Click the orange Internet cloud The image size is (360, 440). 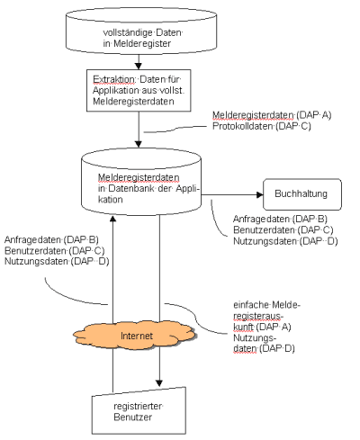click(x=135, y=336)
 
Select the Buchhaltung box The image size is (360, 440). click(x=302, y=194)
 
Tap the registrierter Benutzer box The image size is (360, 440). click(x=139, y=411)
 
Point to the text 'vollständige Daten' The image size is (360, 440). click(x=143, y=32)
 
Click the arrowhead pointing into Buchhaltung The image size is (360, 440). click(x=260, y=194)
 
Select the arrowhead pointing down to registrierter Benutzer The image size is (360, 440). click(x=159, y=383)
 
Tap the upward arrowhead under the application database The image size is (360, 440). click(x=112, y=219)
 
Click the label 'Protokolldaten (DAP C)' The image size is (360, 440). click(x=262, y=126)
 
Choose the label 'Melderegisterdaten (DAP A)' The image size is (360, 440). click(x=272, y=115)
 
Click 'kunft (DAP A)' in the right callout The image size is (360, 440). click(x=262, y=327)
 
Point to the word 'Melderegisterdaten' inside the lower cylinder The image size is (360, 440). click(x=139, y=177)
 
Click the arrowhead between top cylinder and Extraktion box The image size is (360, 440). click(x=139, y=67)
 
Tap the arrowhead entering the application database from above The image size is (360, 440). click(x=139, y=144)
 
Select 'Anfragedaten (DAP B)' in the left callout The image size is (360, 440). click(x=51, y=239)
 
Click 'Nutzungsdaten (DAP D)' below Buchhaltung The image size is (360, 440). click(x=285, y=241)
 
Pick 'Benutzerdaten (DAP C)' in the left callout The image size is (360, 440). click(x=55, y=250)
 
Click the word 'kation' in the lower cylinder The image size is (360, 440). click(x=110, y=200)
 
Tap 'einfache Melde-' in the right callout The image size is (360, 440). click(x=267, y=305)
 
